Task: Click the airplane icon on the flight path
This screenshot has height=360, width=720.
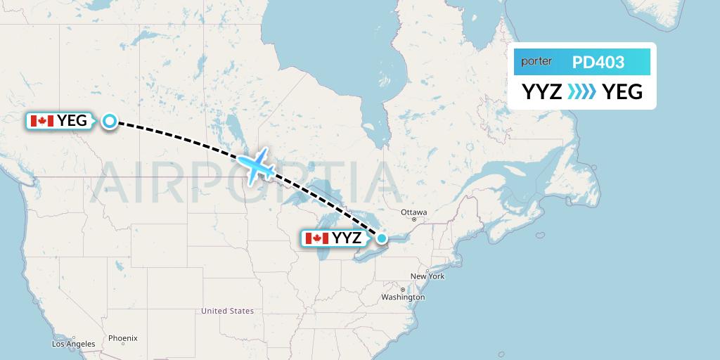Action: tap(255, 165)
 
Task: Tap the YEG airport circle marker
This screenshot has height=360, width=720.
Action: tap(110, 121)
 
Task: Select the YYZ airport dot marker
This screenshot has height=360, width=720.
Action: tap(381, 238)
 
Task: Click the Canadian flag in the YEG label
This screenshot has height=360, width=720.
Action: tap(42, 121)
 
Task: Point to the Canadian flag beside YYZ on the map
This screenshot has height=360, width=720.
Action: tap(317, 238)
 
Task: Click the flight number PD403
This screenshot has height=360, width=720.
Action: tap(598, 63)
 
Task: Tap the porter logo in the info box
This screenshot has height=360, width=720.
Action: tap(536, 62)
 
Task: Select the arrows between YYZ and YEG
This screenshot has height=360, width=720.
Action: tap(581, 91)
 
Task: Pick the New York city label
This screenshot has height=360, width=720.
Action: tap(427, 276)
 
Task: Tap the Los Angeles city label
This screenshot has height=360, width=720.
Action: tap(74, 344)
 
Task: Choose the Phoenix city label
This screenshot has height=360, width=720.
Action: tap(123, 338)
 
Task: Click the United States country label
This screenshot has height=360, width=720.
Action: tap(227, 311)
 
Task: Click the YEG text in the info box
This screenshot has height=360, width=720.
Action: tap(623, 91)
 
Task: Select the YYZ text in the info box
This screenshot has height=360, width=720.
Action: tap(541, 91)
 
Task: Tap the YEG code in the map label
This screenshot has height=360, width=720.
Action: tap(72, 121)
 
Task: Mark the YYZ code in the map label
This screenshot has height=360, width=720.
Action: tap(347, 238)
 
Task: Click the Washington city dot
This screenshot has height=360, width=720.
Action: tap(403, 290)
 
